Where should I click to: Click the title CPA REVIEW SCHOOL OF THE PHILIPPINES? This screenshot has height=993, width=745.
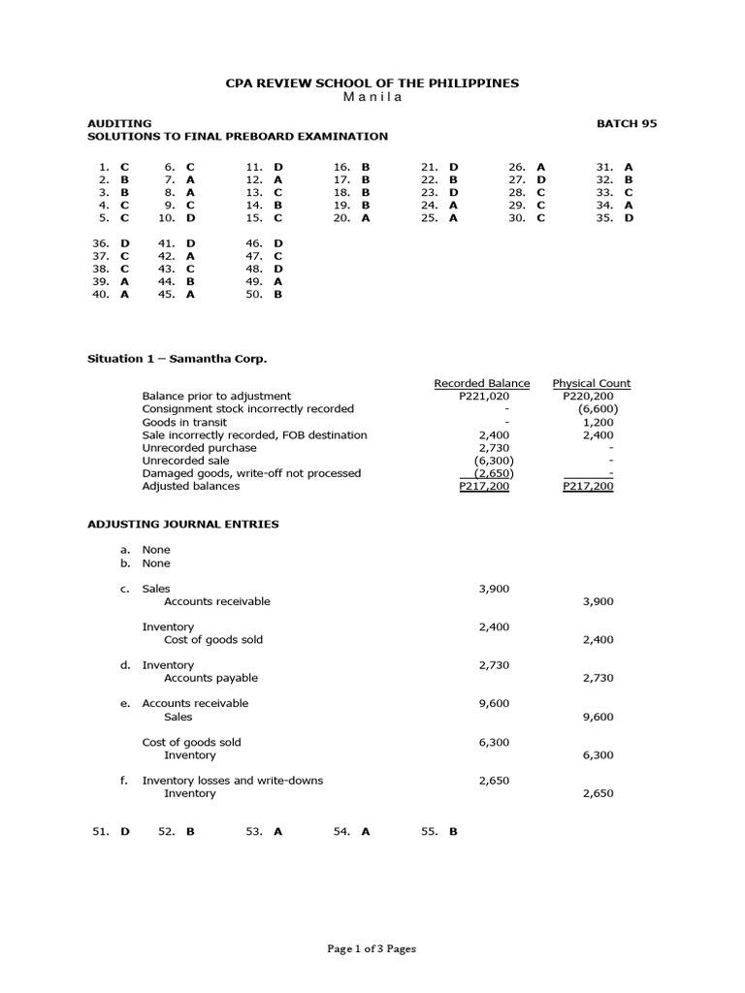372,83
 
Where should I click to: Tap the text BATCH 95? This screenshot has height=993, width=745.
627,123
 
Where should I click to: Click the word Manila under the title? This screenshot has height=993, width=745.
372,97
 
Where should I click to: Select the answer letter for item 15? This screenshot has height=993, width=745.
278,218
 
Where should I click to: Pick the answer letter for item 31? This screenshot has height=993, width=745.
629,167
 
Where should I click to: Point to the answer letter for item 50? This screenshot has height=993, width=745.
278,294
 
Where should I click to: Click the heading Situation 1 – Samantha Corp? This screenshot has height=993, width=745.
177,358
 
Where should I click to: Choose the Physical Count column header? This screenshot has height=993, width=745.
591,383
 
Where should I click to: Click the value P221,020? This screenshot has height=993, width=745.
484,396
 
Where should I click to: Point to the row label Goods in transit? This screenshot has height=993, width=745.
184,422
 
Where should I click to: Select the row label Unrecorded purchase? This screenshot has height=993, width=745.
199,448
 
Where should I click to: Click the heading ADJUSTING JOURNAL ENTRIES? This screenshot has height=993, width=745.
183,524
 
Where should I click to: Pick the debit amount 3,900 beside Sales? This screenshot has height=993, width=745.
494,589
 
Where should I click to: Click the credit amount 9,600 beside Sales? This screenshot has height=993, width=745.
598,717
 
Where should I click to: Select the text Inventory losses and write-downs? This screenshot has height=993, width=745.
233,781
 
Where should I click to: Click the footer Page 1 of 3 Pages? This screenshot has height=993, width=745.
372,949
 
